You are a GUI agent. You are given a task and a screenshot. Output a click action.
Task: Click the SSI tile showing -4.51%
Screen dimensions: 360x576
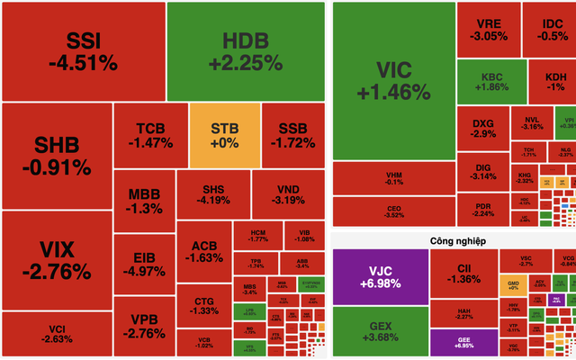point(82,51)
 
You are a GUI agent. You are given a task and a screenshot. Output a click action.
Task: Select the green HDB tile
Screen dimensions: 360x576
point(245,51)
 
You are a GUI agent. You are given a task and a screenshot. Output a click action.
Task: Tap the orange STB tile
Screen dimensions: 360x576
point(224,135)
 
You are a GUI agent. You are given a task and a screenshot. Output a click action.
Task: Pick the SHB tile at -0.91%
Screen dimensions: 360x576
point(56,155)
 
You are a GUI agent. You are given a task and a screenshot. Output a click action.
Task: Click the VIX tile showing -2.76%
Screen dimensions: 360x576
point(56,259)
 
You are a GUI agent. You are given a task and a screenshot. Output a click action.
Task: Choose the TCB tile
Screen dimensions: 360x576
point(149,135)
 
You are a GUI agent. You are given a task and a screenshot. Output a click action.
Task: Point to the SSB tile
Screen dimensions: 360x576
point(292,135)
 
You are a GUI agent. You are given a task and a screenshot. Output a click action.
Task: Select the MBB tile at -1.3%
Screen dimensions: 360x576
point(144,201)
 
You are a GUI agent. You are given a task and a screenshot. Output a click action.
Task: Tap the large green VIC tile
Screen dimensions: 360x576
point(392,81)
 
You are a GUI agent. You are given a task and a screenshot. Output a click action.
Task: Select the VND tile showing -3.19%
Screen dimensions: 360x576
point(288,193)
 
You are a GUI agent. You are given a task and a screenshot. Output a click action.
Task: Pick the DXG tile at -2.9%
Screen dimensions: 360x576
point(483,127)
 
